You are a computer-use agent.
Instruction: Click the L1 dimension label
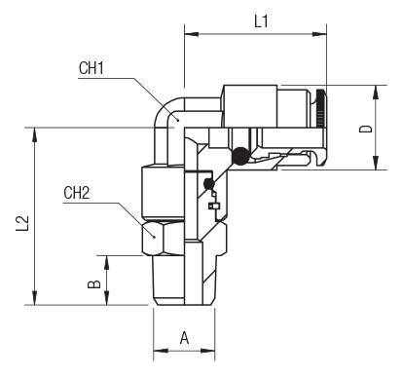(261, 21)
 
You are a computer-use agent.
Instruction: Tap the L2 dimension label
(22, 223)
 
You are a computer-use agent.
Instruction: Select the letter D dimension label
(366, 129)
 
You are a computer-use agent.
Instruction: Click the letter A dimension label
(184, 338)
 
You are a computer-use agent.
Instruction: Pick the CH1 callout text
(92, 68)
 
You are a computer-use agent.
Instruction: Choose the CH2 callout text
(76, 193)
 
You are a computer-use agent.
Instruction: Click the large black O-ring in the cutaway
(240, 156)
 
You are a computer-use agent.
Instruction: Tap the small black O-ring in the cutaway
(209, 184)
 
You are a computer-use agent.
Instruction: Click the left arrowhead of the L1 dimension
(192, 34)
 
